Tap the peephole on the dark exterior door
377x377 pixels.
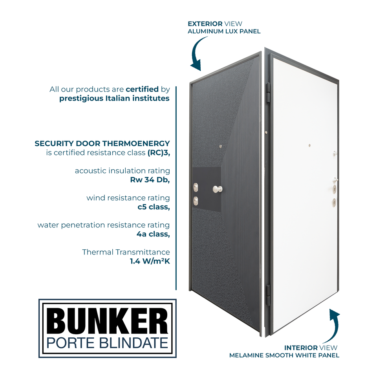point(221,147)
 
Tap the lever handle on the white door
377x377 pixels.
point(335,180)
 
